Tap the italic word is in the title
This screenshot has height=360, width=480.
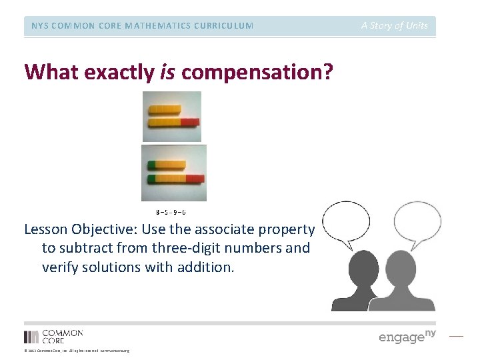click(x=167, y=72)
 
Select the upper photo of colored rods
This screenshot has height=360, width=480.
click(x=172, y=117)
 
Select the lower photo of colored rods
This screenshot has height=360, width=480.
click(x=175, y=173)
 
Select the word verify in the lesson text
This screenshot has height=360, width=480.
click(x=61, y=267)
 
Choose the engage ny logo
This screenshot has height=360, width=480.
click(x=407, y=336)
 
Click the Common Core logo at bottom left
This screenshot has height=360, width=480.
click(x=53, y=336)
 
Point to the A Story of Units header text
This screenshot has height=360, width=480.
click(x=395, y=26)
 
